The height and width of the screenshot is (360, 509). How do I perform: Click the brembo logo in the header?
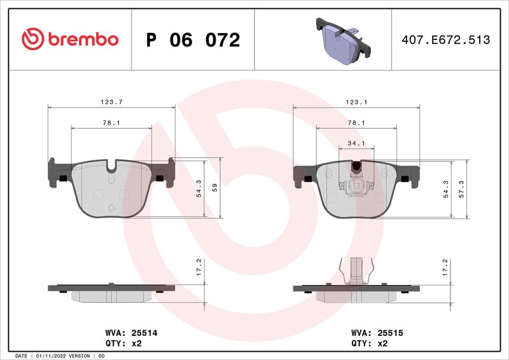click(x=69, y=39)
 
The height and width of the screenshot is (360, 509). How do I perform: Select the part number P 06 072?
click(x=193, y=40)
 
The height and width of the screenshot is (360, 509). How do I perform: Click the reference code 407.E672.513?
click(x=446, y=40)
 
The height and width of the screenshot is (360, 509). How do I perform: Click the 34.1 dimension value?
click(x=356, y=143)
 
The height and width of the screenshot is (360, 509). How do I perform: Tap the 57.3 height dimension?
click(x=461, y=188)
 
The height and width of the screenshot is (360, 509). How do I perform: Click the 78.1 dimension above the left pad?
click(x=111, y=123)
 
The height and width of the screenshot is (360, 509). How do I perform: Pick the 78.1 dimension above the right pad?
click(x=356, y=123)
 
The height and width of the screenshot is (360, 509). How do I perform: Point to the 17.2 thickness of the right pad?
click(x=445, y=265)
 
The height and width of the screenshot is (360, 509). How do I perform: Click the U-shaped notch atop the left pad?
click(x=112, y=169)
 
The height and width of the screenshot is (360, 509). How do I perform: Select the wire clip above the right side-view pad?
click(x=356, y=270)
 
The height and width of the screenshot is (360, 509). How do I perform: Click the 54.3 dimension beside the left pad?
click(x=199, y=188)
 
